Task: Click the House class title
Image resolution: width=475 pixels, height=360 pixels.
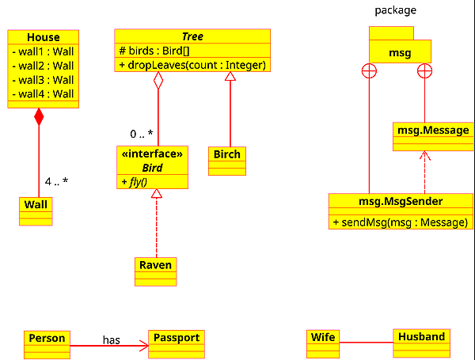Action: [x=43, y=37]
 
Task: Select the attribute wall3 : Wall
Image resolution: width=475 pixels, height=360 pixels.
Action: [x=43, y=80]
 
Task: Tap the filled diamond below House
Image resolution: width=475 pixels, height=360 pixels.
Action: [x=39, y=118]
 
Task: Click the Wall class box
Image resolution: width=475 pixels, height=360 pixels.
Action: [x=36, y=205]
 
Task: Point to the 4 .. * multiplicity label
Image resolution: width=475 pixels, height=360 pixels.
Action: [x=56, y=181]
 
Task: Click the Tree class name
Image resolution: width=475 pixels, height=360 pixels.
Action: [x=192, y=36]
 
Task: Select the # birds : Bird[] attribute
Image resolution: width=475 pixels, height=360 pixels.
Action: [x=154, y=51]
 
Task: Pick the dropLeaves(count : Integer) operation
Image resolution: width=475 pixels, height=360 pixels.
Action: [x=192, y=65]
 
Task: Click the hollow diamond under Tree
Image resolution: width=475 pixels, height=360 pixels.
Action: [x=158, y=81]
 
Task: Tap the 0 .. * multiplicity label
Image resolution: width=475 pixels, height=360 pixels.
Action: [x=142, y=133]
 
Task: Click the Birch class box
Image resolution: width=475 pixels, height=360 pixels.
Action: [x=226, y=154]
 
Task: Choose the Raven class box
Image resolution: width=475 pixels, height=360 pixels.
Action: [x=155, y=265]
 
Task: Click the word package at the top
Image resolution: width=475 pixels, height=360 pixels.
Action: [x=395, y=10]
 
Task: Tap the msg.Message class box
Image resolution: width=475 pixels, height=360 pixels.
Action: [x=431, y=131]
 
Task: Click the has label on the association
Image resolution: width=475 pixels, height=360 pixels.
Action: [x=111, y=339]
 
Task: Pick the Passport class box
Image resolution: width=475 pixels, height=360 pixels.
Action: [x=177, y=339]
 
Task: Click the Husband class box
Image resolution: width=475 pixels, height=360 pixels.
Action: [x=421, y=337]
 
